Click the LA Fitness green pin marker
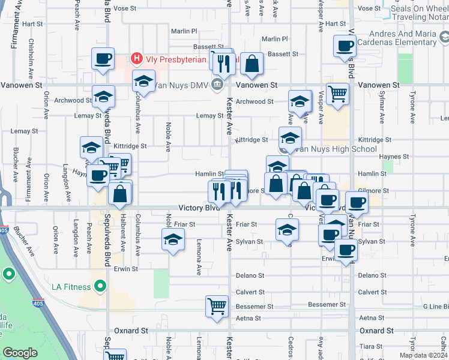coord(100,285)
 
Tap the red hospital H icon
coord(137,59)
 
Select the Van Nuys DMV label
coord(180,85)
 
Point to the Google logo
coord(20,353)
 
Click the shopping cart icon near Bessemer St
coord(217,305)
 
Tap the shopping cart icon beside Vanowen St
coord(338,93)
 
